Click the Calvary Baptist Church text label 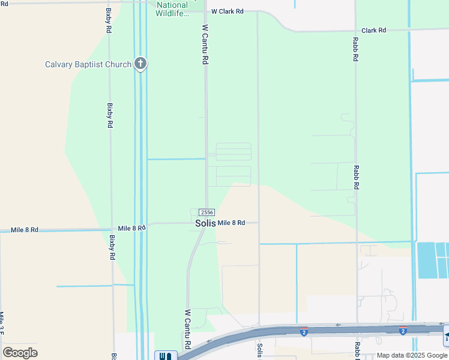[88, 64]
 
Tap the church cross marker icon [140, 63]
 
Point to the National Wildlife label [172, 9]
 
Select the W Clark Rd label [228, 11]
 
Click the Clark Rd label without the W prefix [373, 30]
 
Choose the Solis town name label [205, 223]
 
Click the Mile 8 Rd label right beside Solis [231, 223]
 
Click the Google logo [20, 353]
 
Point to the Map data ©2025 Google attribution [412, 355]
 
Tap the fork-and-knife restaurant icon [166, 356]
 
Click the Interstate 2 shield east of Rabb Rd [402, 331]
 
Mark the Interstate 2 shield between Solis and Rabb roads [304, 332]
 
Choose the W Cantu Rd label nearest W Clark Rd [205, 44]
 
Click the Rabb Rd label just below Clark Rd [355, 50]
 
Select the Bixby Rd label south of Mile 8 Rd [112, 247]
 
